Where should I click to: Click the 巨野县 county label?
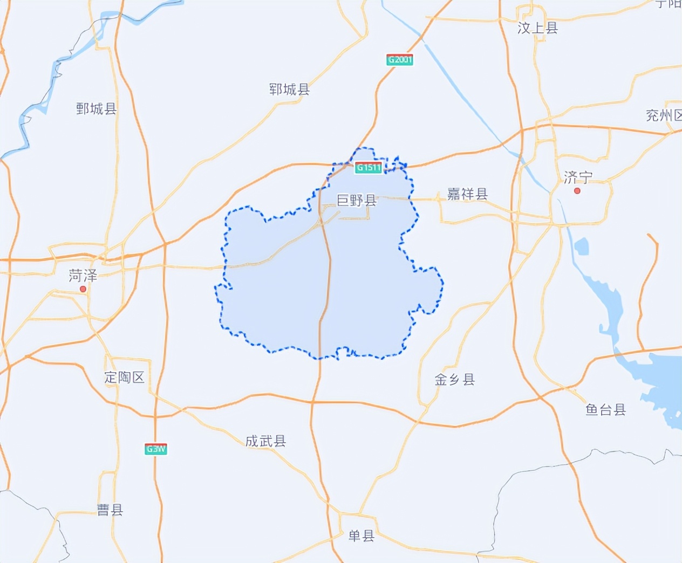[x=357, y=201]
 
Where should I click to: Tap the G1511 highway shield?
[x=369, y=168]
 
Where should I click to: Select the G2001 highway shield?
[x=400, y=60]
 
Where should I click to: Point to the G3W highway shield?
[x=156, y=449]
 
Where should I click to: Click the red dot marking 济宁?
[x=577, y=191]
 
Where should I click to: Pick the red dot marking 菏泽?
[x=83, y=289]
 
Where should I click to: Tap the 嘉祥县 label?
[x=467, y=194]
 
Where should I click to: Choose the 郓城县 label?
[x=290, y=90]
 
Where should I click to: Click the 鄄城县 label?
[x=97, y=109]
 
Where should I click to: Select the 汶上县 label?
[x=537, y=28]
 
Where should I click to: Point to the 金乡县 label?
[x=455, y=380]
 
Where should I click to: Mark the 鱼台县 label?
[x=605, y=410]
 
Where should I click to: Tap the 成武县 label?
[x=265, y=441]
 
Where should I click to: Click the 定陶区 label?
[x=125, y=377]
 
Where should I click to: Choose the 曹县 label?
[x=110, y=510]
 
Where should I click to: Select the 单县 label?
[x=362, y=535]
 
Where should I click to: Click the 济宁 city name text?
[x=578, y=177]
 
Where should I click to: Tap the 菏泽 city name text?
[x=83, y=276]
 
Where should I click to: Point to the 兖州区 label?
[x=664, y=115]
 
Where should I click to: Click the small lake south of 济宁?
[x=581, y=246]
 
